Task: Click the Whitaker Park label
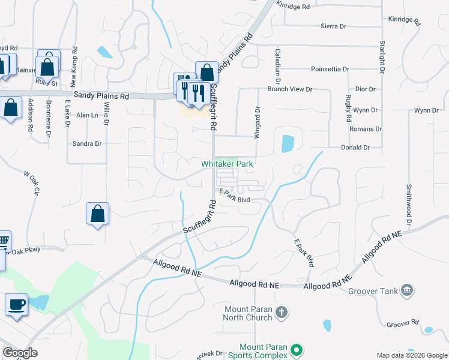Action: click(227, 164)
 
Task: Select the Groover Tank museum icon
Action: click(407, 290)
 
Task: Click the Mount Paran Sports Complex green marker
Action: click(295, 349)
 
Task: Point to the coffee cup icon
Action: click(16, 304)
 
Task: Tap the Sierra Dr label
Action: click(335, 27)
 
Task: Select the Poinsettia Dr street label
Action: click(330, 70)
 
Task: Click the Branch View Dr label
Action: click(290, 89)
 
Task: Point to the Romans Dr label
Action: click(366, 129)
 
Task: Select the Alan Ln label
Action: click(87, 115)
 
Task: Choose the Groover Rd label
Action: click(402, 325)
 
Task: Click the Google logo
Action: click(20, 353)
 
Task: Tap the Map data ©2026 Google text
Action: click(411, 355)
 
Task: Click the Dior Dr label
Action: click(365, 89)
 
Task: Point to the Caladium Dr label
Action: click(278, 66)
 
